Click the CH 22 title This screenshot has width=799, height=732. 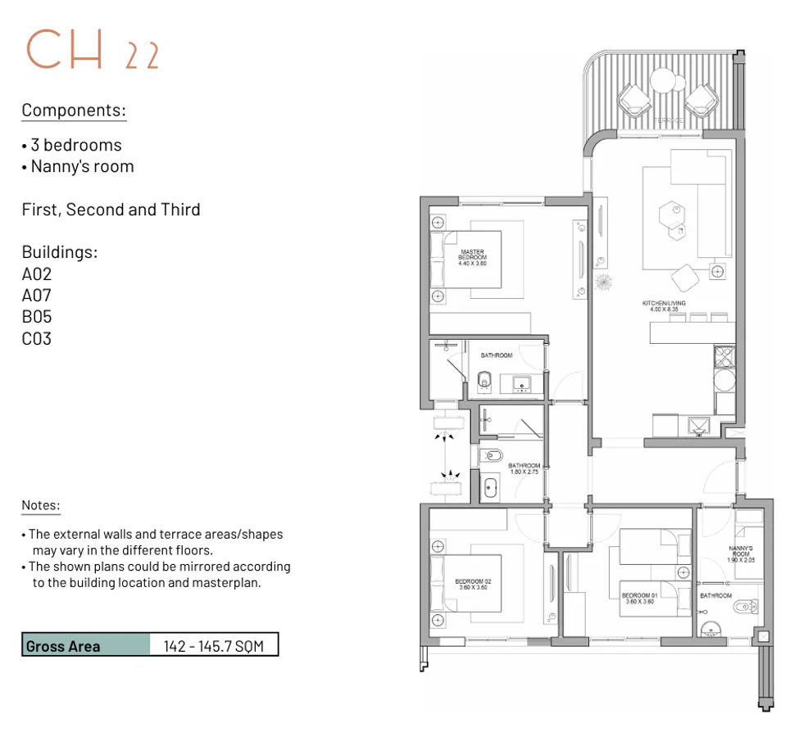92,51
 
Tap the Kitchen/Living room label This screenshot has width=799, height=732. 664,307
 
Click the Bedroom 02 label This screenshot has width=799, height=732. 473,585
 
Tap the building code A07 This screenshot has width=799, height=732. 37,296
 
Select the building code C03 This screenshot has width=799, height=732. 37,338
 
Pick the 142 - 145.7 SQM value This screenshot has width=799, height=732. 214,646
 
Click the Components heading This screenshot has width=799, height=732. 74,111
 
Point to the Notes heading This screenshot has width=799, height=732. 41,506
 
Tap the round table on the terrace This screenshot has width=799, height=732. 667,80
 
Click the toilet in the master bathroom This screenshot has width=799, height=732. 483,380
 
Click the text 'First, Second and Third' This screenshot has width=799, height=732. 111,210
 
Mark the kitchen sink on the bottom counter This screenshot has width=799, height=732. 698,425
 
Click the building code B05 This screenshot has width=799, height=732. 37,317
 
